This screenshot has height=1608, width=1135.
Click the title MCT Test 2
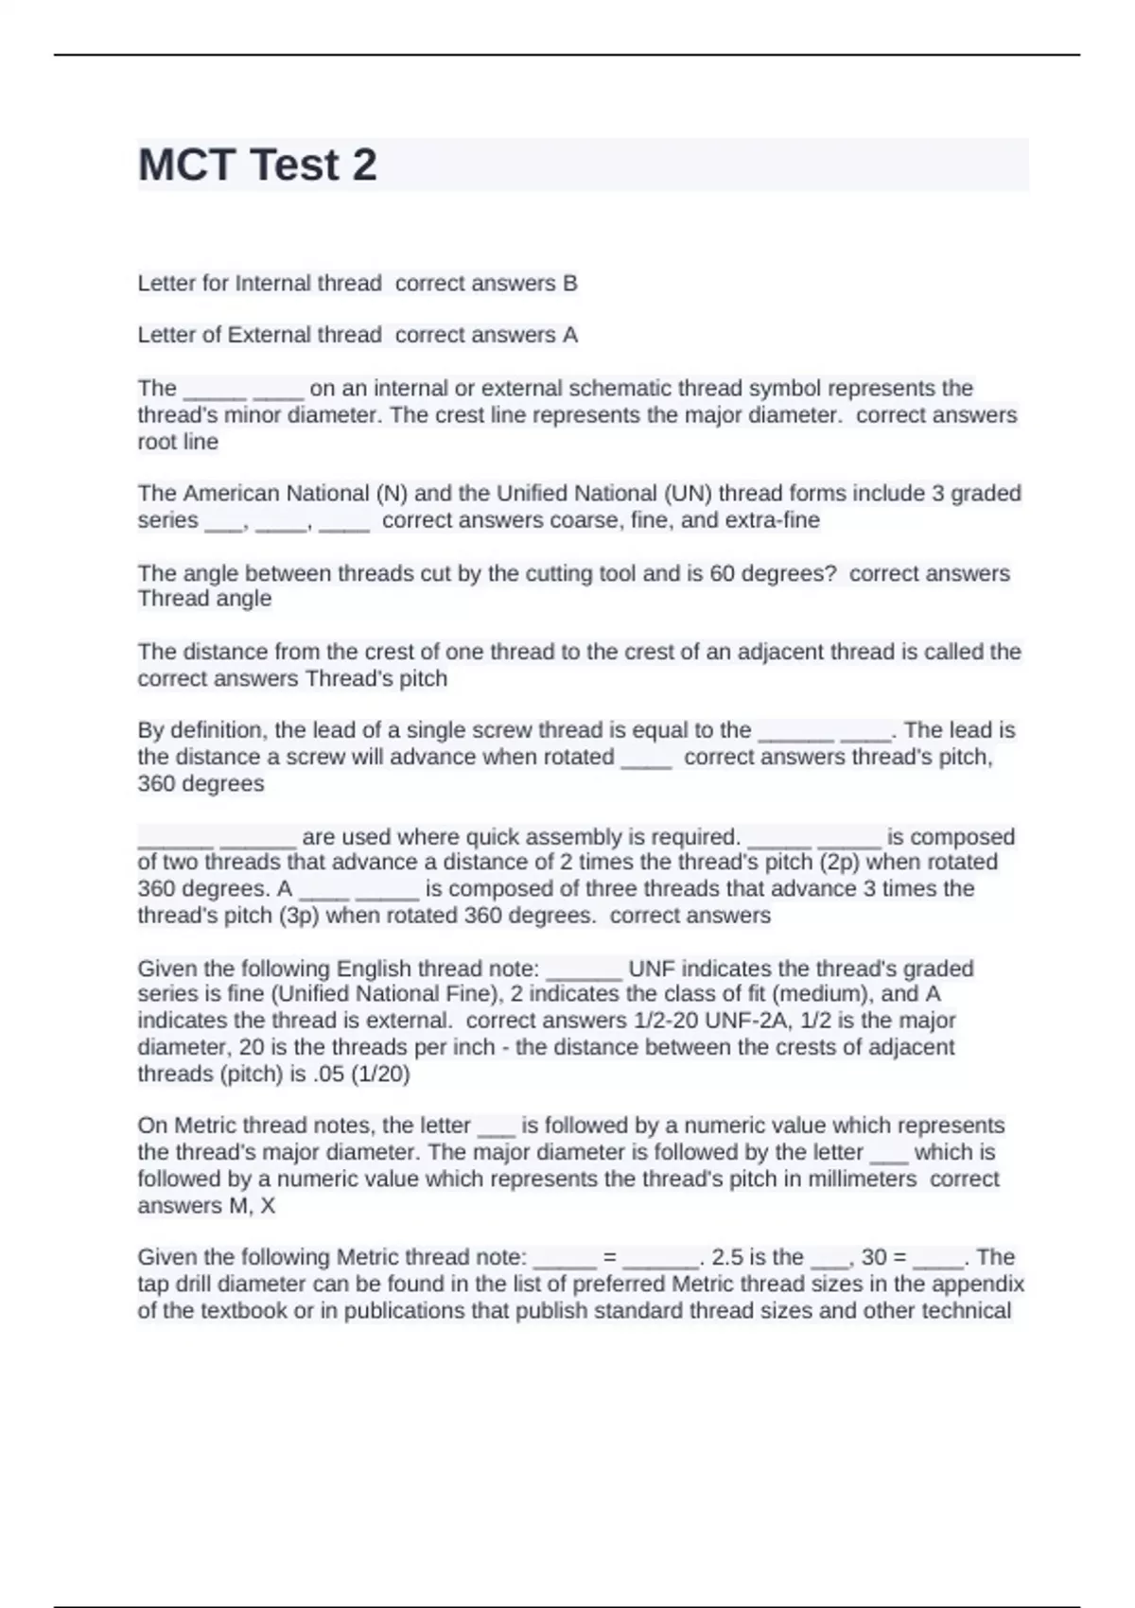pos(257,165)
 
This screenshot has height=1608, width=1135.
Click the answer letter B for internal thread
pos(569,283)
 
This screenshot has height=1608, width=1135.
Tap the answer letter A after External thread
pos(569,335)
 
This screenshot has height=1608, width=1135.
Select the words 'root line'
pos(178,442)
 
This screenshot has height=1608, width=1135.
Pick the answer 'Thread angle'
pos(204,599)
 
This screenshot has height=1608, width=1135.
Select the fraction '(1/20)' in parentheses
pos(380,1074)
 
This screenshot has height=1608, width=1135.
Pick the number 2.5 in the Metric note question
pos(727,1257)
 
